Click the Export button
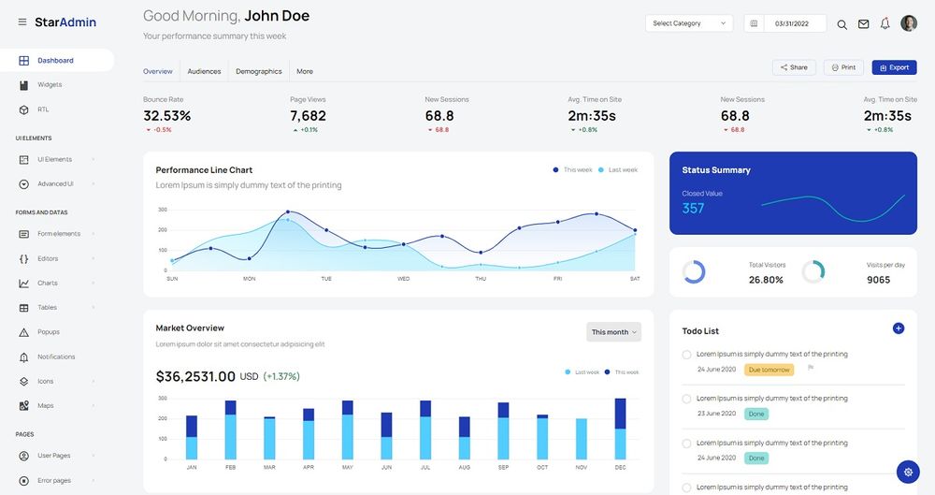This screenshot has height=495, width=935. (894, 67)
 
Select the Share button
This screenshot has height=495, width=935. (793, 67)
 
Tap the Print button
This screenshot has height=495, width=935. (843, 67)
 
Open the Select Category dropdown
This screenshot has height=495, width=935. (688, 23)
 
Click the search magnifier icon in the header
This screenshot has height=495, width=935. (841, 24)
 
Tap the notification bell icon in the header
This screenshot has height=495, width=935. (885, 23)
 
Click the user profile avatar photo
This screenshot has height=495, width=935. (909, 23)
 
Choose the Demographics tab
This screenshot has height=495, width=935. (258, 71)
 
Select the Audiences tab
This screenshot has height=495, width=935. (204, 71)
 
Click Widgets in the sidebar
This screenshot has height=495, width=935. (50, 85)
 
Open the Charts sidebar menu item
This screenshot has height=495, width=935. (48, 283)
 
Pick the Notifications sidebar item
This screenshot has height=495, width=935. (56, 357)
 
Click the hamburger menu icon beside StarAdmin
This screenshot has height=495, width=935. (22, 22)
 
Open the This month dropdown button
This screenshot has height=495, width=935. (613, 332)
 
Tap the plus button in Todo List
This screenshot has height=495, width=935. (898, 328)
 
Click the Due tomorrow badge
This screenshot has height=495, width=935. (769, 370)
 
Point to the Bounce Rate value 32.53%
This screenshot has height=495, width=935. (166, 116)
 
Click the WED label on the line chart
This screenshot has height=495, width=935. (403, 279)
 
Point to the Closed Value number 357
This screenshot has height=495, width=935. (693, 209)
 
